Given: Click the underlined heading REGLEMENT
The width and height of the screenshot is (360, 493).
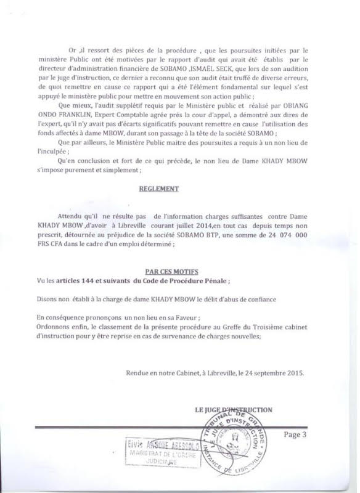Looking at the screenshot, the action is pos(179,190).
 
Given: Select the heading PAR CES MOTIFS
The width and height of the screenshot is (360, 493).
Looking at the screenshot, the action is pos(179,271).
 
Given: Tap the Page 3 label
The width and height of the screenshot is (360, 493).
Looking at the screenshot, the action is pos(298,434).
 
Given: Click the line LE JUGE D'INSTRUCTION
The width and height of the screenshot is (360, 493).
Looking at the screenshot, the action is pos(234,410).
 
